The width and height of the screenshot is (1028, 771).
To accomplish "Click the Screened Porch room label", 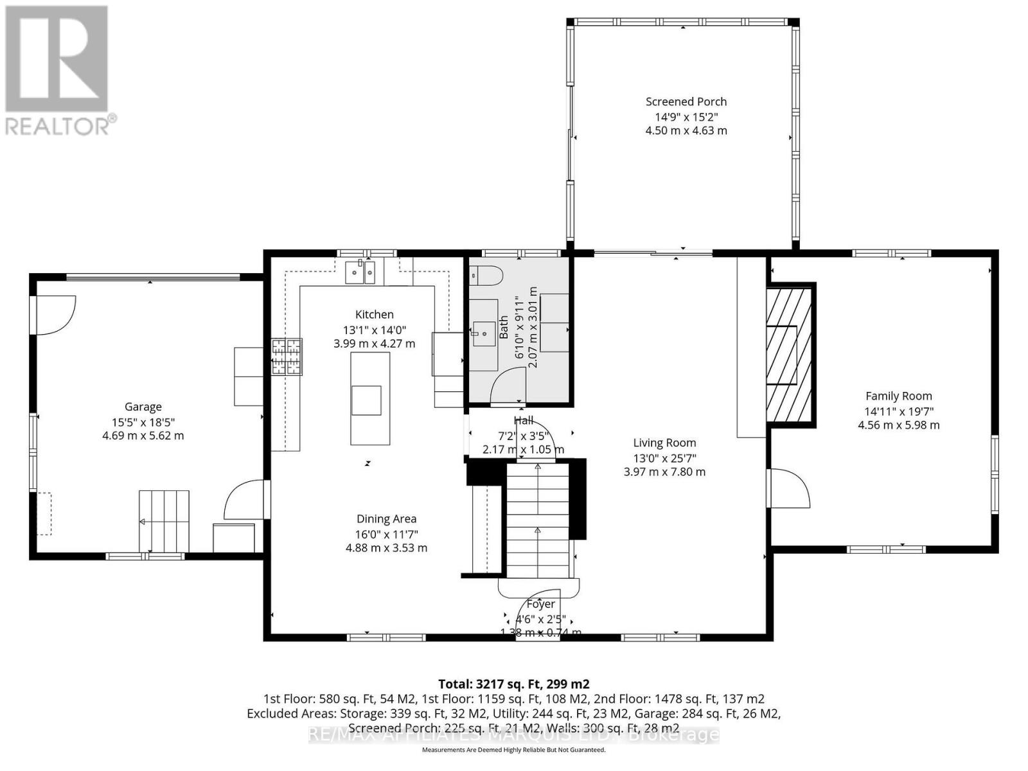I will [x=686, y=102].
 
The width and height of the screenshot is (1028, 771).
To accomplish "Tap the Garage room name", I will [x=143, y=407].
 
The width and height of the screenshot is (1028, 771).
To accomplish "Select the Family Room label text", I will [x=898, y=396].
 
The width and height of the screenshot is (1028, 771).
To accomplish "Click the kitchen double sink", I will [x=360, y=272].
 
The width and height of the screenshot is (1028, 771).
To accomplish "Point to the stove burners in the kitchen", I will [x=287, y=357].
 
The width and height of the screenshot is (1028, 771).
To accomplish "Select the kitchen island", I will [x=369, y=398].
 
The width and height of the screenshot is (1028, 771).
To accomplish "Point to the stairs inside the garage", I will [x=164, y=520].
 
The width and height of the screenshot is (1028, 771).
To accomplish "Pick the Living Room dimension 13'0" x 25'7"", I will [x=664, y=457].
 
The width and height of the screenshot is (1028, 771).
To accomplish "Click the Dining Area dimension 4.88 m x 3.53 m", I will [x=386, y=548].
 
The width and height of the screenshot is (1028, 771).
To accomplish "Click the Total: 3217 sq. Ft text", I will [x=513, y=684].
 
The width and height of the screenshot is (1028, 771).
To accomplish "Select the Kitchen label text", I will [x=374, y=314].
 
